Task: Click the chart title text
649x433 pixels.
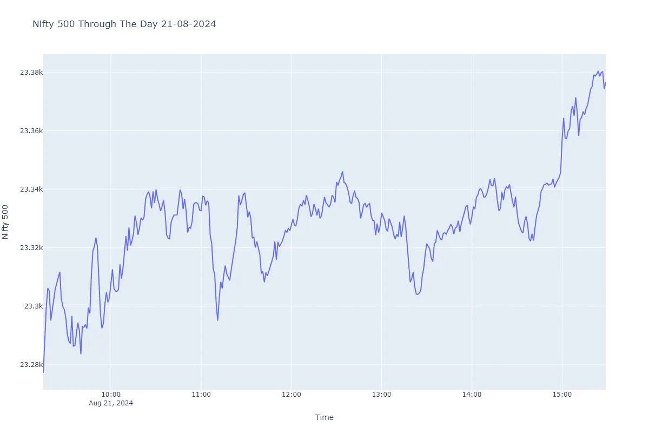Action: [124, 24]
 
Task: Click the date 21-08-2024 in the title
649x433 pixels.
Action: [191, 24]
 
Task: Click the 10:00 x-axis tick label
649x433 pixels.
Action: [111, 395]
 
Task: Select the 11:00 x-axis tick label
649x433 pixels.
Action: [201, 395]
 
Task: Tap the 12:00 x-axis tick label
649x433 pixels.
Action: [292, 395]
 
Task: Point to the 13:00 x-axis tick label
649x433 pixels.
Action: [382, 395]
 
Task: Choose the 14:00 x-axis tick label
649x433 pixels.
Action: [472, 395]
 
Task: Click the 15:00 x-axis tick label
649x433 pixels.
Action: [562, 395]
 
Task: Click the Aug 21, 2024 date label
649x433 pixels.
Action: [111, 403]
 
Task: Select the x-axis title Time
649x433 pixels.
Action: [325, 417]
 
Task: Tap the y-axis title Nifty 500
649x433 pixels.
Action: [6, 222]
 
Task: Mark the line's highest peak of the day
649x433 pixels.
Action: [598, 71]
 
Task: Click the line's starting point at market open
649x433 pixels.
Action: [44, 372]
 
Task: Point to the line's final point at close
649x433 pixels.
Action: [605, 83]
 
